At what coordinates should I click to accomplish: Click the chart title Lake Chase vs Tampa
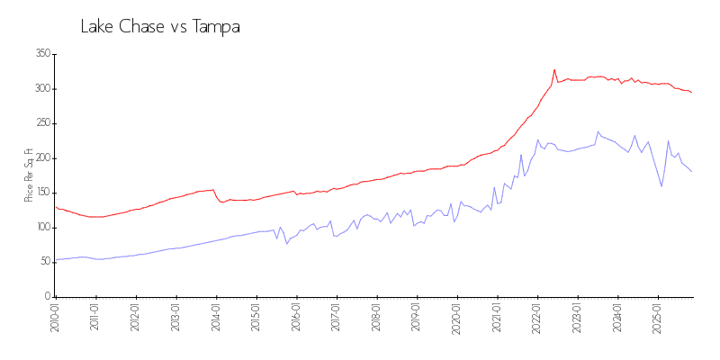coord(160,27)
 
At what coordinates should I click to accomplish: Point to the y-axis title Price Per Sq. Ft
coord(28,175)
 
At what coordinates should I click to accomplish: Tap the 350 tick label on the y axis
coord(42,54)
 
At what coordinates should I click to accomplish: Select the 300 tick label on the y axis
coord(42,89)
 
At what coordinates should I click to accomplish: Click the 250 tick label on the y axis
coord(42,123)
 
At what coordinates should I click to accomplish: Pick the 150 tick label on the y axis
coord(42,193)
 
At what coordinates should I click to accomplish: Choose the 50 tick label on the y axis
coord(44,262)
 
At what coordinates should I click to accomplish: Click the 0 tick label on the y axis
coord(47,296)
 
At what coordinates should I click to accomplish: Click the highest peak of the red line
coord(554,69)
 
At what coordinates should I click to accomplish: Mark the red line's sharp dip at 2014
coord(221,202)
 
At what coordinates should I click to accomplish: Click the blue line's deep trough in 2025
coord(661,186)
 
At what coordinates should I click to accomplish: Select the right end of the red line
coord(691,93)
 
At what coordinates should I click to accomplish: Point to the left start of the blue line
coord(56,260)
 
